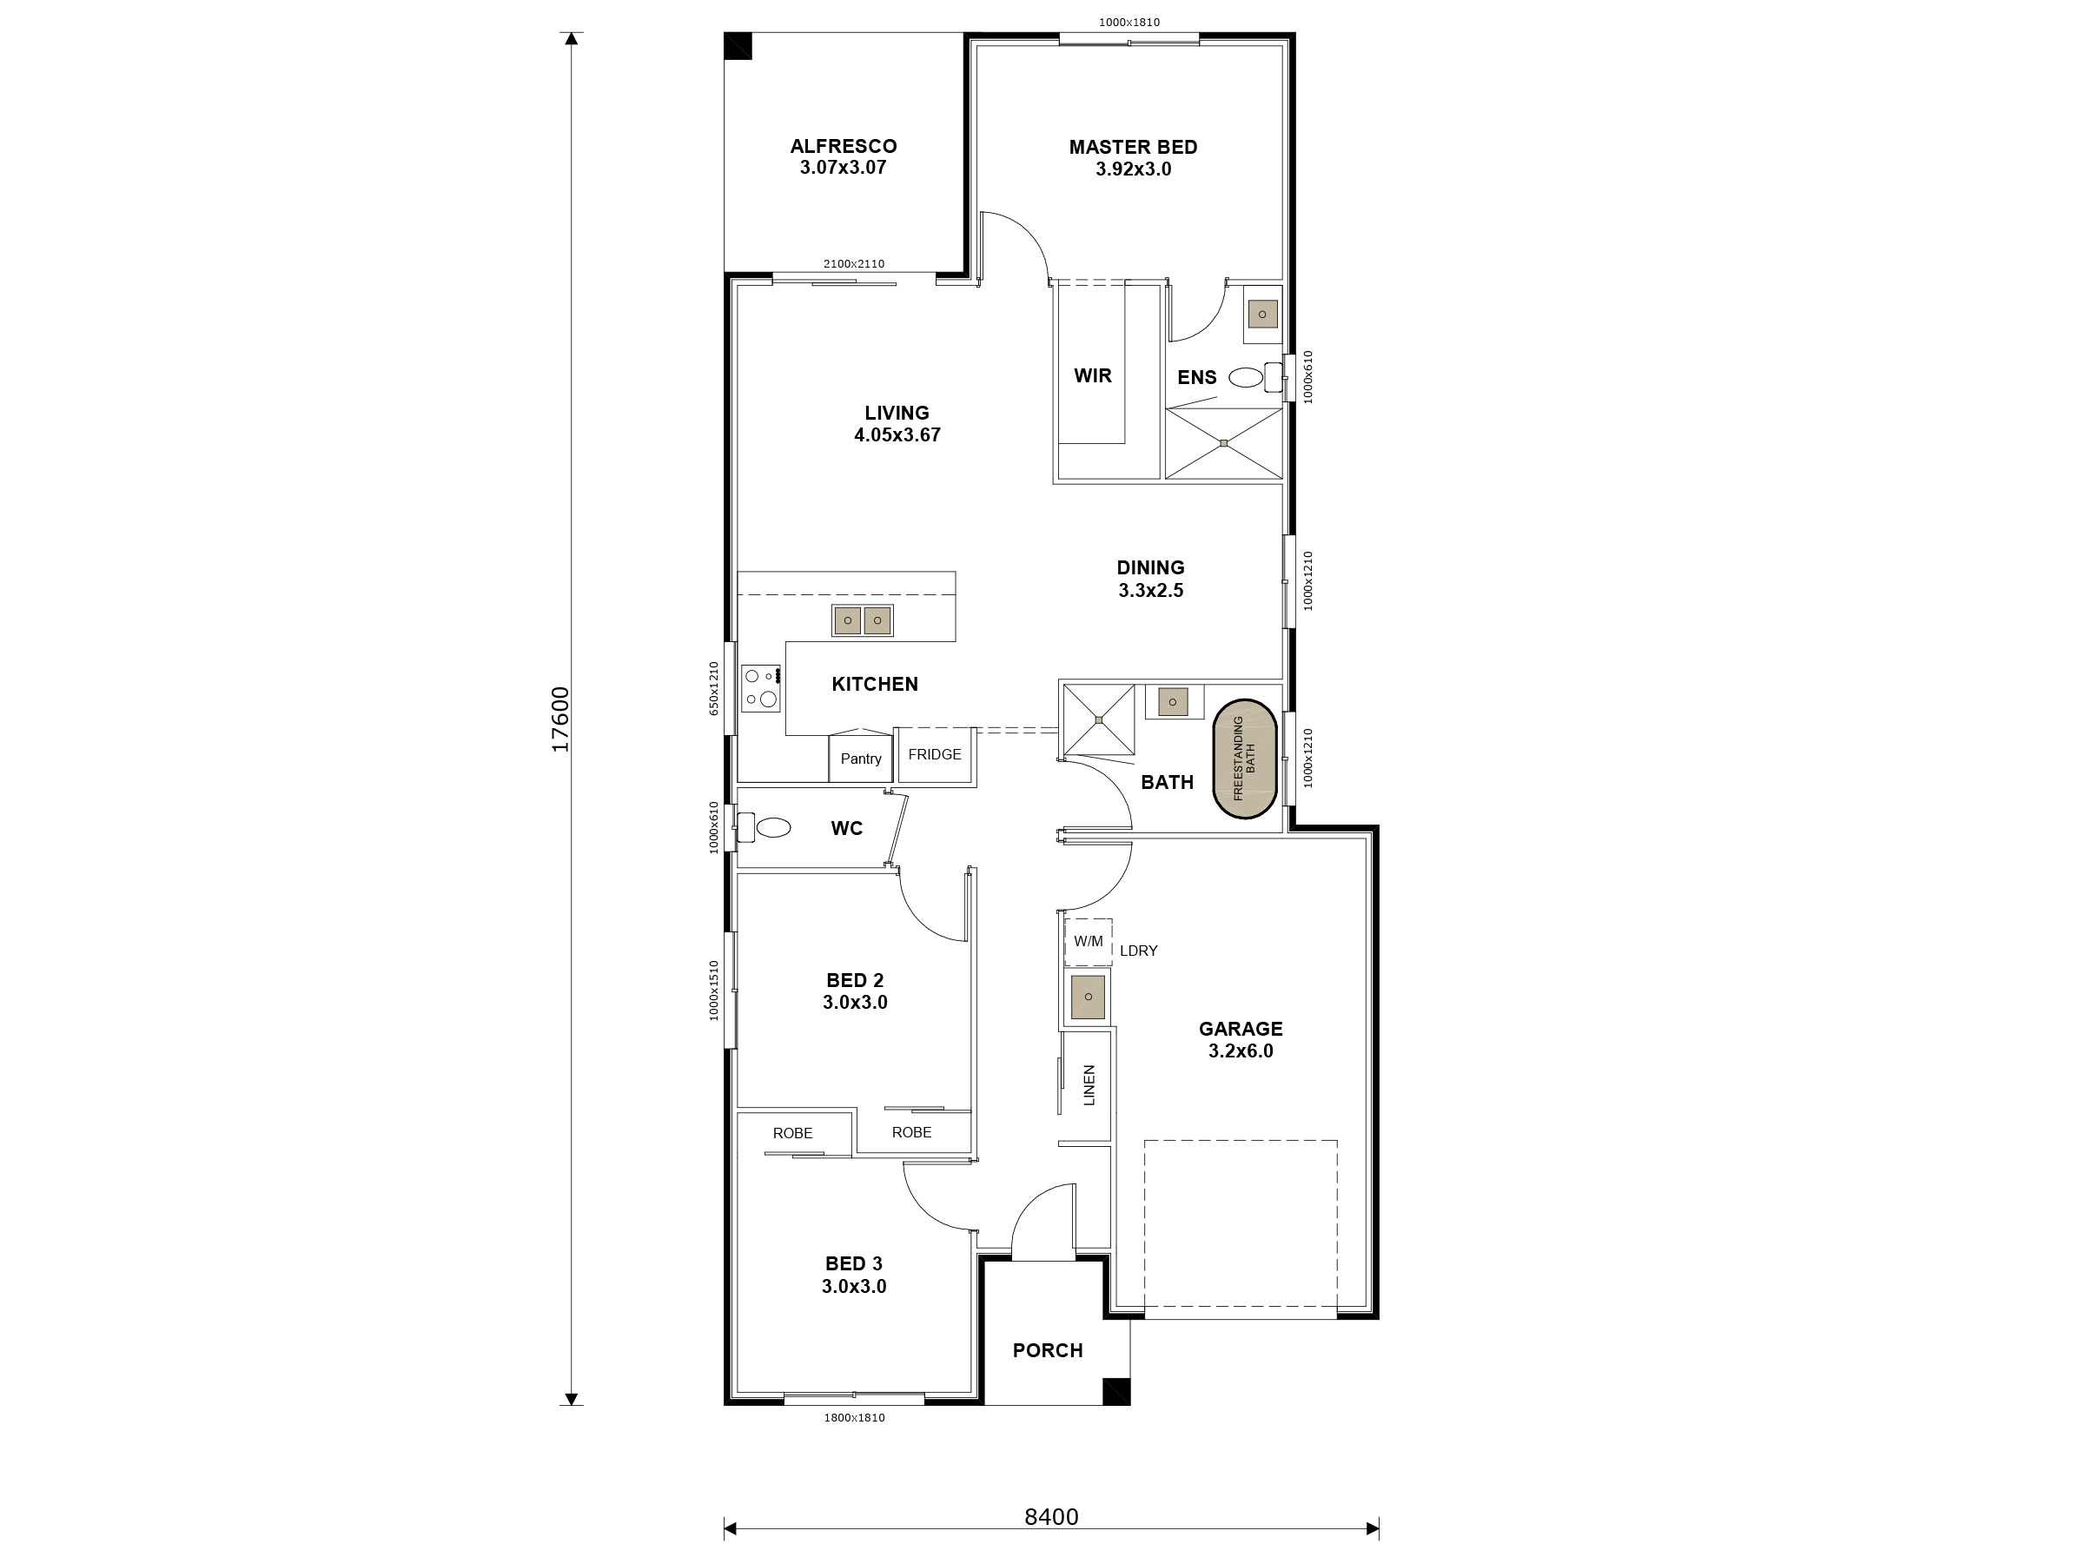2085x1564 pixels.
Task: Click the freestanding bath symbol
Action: coord(1244,759)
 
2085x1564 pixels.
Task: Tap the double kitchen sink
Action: coord(862,620)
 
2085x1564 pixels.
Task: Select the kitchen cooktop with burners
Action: coord(761,688)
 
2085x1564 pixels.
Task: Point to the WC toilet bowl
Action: coord(773,828)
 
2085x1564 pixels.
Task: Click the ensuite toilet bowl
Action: coord(1245,378)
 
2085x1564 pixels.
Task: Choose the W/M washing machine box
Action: coord(1088,942)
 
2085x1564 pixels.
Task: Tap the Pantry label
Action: coord(861,759)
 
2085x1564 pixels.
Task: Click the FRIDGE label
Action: coord(934,754)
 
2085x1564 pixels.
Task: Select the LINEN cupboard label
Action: coord(1089,1085)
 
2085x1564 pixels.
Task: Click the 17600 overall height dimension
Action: coord(559,719)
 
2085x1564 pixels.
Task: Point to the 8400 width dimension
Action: coord(1050,1517)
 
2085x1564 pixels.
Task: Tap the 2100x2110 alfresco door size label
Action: coord(853,264)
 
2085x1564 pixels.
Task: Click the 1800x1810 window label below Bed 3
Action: coord(853,1418)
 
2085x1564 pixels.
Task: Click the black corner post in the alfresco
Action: coord(738,46)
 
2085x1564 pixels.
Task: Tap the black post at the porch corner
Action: coord(1116,1391)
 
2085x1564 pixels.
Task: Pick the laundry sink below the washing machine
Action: coord(1088,997)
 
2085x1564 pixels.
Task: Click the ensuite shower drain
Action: coord(1223,443)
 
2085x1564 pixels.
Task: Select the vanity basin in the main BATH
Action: coord(1173,702)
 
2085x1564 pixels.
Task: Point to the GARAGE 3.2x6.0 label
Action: coord(1240,1040)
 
